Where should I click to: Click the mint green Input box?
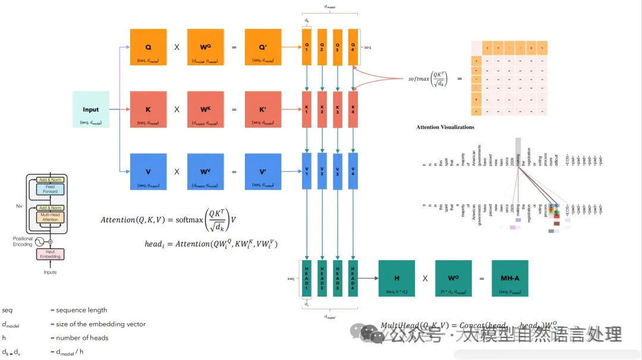[x=91, y=110]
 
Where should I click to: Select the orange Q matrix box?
[x=149, y=47]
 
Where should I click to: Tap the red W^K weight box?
[x=205, y=109]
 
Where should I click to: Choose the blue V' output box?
[x=263, y=172]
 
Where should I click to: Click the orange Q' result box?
[x=263, y=47]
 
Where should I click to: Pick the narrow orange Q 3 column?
[x=338, y=47]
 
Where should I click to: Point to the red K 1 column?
[x=307, y=109]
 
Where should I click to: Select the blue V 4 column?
[x=353, y=172]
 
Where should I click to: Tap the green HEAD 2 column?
[x=322, y=278]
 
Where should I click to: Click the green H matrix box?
[x=396, y=278]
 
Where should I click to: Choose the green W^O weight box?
[x=454, y=278]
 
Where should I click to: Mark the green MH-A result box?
[x=510, y=278]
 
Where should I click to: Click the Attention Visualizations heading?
[x=445, y=127]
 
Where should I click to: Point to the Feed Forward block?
[x=51, y=190]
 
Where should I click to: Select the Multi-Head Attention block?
[x=51, y=217]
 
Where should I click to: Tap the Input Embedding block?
[x=51, y=254]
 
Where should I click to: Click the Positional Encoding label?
[x=23, y=242]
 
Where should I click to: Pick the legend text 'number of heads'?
[x=82, y=338]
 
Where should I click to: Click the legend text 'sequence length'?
[x=81, y=310]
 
